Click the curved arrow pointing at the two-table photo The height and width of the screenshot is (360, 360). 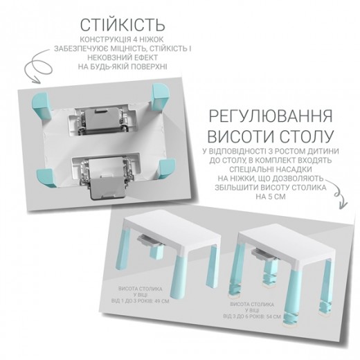pos(339,194)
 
